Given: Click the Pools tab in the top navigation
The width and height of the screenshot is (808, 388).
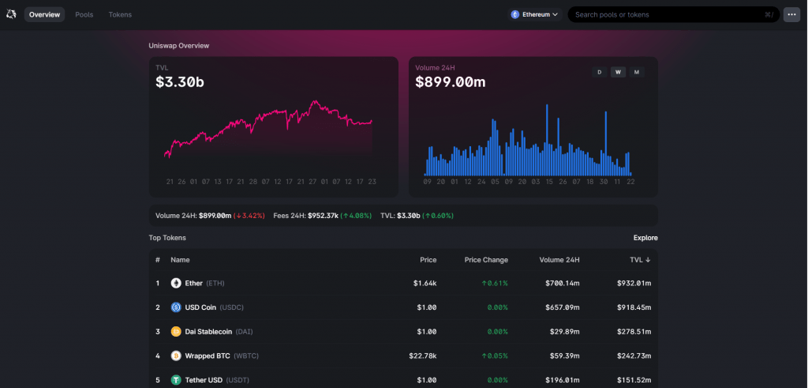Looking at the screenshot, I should pyautogui.click(x=84, y=14).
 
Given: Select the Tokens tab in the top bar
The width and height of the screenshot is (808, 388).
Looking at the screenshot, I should pyautogui.click(x=120, y=14).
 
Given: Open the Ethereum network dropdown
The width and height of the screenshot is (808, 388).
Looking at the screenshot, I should pyautogui.click(x=535, y=14).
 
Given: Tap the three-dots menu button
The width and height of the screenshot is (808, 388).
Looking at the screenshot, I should pyautogui.click(x=791, y=14).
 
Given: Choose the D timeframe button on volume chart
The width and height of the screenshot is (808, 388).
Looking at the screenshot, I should pyautogui.click(x=600, y=72).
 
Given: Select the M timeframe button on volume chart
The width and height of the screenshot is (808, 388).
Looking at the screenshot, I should pyautogui.click(x=636, y=72).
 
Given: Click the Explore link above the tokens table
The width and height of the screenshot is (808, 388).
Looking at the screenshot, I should pyautogui.click(x=645, y=238).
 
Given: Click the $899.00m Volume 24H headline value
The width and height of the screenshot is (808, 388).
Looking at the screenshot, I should pyautogui.click(x=451, y=81).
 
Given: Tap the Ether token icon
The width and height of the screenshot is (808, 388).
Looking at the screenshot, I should pyautogui.click(x=176, y=283).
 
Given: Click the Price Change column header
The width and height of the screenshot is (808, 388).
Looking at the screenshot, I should pyautogui.click(x=486, y=260).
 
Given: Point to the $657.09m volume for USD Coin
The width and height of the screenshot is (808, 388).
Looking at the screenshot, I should pyautogui.click(x=562, y=307).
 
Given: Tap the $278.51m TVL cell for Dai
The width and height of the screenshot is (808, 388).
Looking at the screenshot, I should pyautogui.click(x=634, y=332).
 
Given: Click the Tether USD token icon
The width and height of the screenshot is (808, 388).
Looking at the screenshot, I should pyautogui.click(x=176, y=380).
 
